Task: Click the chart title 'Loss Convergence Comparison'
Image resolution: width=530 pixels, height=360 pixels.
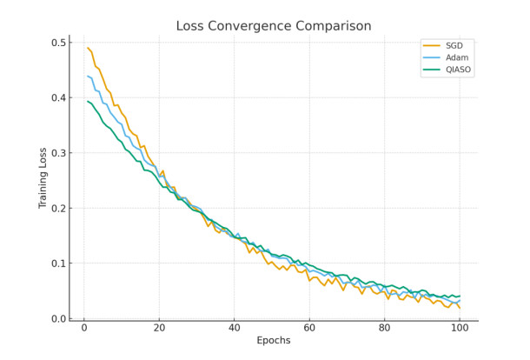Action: pos(273,26)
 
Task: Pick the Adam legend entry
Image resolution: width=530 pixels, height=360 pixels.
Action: pos(455,57)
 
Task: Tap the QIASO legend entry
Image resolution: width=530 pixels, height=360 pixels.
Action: pos(458,70)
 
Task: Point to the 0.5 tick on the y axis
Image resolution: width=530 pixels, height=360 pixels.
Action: pos(58,43)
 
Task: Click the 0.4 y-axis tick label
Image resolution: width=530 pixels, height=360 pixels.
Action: pos(58,97)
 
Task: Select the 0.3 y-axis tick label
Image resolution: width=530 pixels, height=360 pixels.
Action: pos(58,153)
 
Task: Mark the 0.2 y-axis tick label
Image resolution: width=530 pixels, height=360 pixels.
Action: pos(58,208)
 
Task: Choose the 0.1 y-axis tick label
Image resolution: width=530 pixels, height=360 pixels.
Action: pos(58,263)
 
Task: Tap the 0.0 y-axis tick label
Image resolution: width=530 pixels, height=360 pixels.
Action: pos(58,318)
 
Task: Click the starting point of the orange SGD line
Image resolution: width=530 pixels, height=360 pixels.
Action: pos(88,48)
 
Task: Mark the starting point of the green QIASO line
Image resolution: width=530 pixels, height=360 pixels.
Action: pos(88,102)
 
